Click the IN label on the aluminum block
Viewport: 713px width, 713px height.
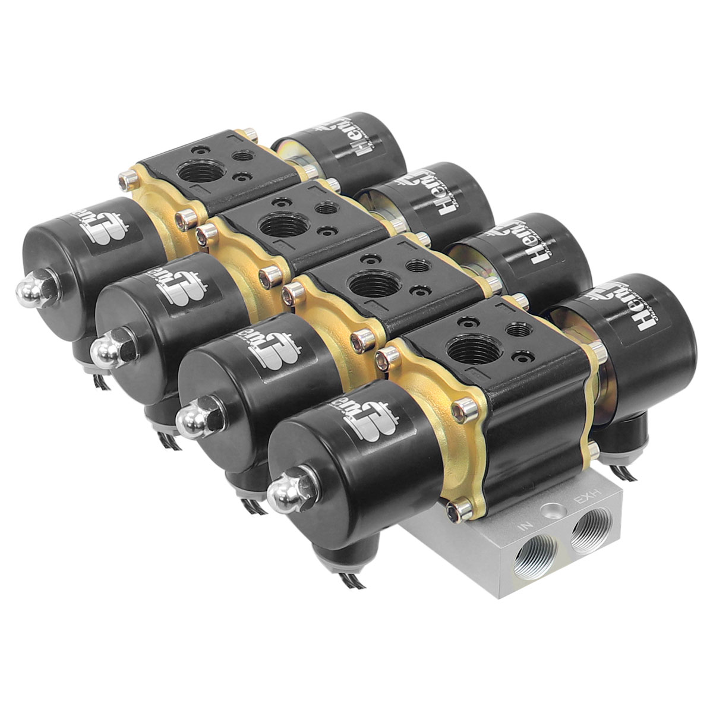[525, 525]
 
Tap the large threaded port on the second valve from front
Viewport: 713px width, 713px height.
[367, 286]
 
